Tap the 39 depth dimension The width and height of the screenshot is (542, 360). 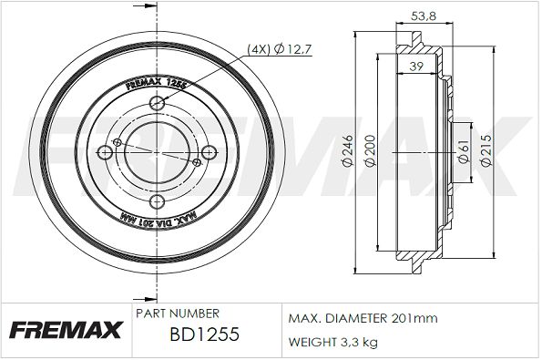coord(416,66)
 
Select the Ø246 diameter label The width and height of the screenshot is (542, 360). coord(348,150)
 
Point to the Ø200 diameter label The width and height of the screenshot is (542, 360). coord(370,150)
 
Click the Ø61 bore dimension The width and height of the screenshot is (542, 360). coord(463,151)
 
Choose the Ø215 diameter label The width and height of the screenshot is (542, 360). coord(486,150)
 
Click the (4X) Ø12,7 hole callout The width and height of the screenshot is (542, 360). coord(280,49)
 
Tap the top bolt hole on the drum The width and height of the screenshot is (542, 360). coord(157,102)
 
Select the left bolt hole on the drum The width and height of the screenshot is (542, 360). coord(105,152)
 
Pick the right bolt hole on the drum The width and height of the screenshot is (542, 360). coord(210,152)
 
